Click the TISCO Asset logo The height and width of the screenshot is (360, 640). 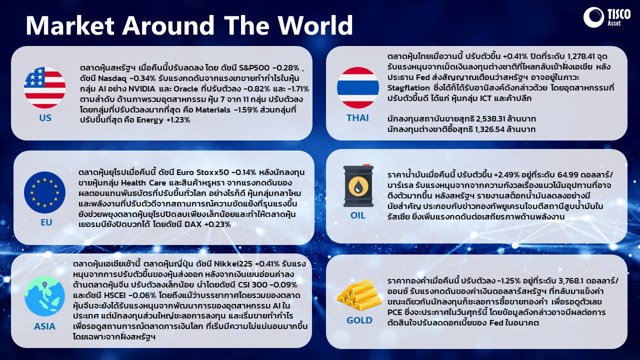tap(607, 17)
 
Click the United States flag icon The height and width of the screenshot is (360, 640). tap(44, 87)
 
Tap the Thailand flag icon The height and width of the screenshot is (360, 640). tap(358, 87)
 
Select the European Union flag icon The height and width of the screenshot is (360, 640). tap(44, 192)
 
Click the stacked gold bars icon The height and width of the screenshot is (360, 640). tap(359, 295)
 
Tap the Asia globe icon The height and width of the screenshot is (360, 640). tap(44, 296)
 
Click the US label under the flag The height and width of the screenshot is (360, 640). tap(45, 117)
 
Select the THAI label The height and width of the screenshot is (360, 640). tap(357, 117)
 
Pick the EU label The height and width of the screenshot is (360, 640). tap(46, 222)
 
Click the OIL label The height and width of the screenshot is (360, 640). tap(358, 215)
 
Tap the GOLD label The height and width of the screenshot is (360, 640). tap(359, 320)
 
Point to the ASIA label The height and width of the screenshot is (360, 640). tap(44, 326)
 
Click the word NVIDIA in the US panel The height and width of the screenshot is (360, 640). tap(141, 89)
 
